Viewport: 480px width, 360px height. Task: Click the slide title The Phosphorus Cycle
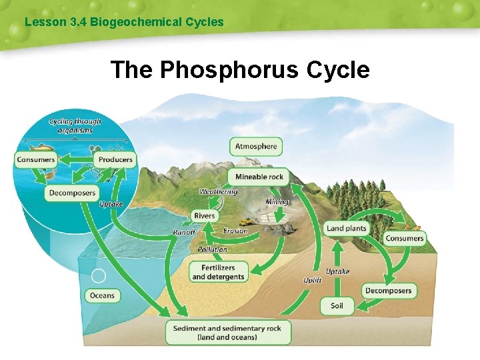click(x=240, y=69)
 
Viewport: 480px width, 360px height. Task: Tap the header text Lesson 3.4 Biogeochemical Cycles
click(x=124, y=22)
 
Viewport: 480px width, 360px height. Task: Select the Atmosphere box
click(x=256, y=146)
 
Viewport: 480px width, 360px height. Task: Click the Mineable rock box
click(x=259, y=177)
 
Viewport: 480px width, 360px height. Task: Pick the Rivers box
click(x=205, y=216)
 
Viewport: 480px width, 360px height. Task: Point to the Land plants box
click(x=347, y=228)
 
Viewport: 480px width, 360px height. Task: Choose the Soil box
click(x=337, y=305)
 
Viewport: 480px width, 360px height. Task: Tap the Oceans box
click(x=102, y=295)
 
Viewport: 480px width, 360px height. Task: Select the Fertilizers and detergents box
click(x=218, y=272)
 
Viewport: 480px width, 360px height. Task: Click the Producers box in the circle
click(x=115, y=159)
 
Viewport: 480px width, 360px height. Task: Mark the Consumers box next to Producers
click(x=36, y=159)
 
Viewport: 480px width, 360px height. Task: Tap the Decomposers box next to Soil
click(x=389, y=291)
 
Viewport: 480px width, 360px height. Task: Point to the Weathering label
click(x=218, y=192)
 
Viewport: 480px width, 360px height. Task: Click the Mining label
click(x=277, y=202)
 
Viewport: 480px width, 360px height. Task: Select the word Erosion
click(x=235, y=231)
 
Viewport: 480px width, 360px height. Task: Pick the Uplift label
click(x=313, y=281)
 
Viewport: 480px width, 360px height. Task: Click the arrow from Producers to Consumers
click(x=75, y=159)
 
